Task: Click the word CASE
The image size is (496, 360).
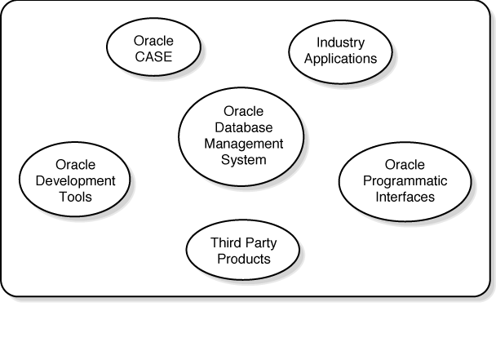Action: tap(153, 57)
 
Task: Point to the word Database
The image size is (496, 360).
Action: tap(243, 127)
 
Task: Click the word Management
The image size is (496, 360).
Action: tap(243, 144)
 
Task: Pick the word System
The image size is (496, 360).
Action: tap(243, 159)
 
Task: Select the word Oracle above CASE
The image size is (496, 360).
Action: tap(153, 42)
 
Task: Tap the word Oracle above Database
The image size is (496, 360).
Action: tap(243, 112)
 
